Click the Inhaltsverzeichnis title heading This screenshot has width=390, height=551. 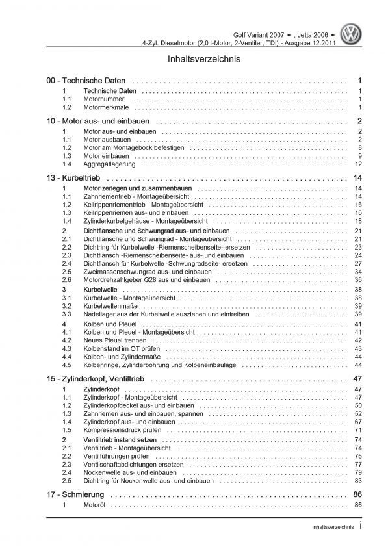195,58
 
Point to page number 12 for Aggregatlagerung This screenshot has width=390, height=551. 358,164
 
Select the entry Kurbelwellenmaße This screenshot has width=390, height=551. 110,305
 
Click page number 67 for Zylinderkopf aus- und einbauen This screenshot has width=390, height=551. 358,421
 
